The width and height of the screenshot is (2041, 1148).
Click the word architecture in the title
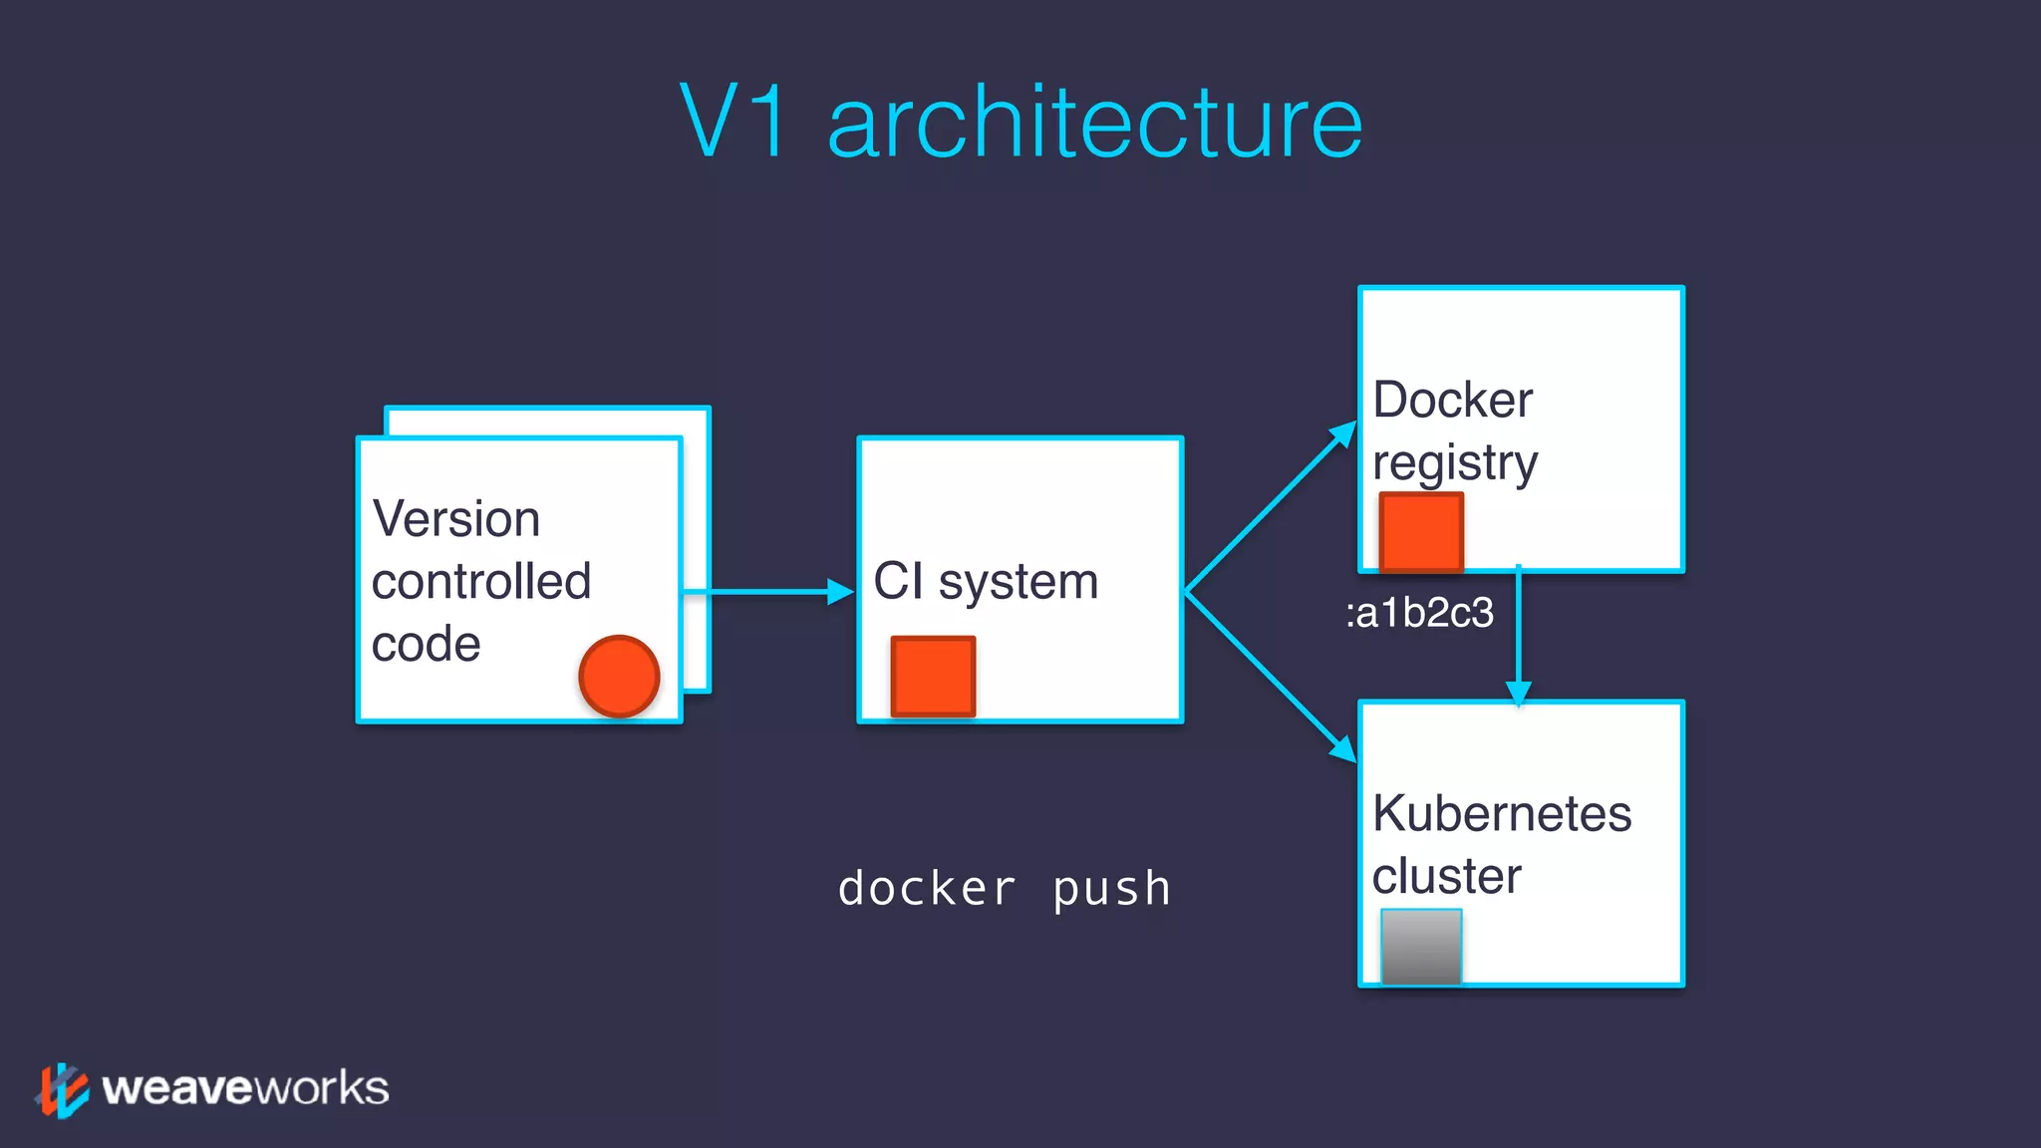click(1094, 122)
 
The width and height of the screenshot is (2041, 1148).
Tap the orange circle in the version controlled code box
click(619, 676)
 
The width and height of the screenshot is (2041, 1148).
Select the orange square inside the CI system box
click(933, 676)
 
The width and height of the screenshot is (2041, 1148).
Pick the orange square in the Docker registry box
click(1421, 532)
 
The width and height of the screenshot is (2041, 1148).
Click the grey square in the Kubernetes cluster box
click(1421, 947)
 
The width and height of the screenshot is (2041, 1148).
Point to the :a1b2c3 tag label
click(1419, 612)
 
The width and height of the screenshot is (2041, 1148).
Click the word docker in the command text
click(926, 888)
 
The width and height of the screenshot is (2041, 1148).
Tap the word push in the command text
click(1111, 888)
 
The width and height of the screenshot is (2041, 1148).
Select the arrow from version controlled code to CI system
click(767, 592)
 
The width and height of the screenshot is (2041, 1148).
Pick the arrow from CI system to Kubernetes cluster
click(1271, 678)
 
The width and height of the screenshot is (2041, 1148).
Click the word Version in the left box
click(455, 519)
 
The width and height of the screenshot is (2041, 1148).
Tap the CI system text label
click(986, 581)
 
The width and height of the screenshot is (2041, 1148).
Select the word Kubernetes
click(1501, 813)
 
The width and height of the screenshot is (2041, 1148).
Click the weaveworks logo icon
click(63, 1089)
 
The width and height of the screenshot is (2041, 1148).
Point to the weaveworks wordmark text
click(245, 1088)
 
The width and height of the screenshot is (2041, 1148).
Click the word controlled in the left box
click(481, 582)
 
